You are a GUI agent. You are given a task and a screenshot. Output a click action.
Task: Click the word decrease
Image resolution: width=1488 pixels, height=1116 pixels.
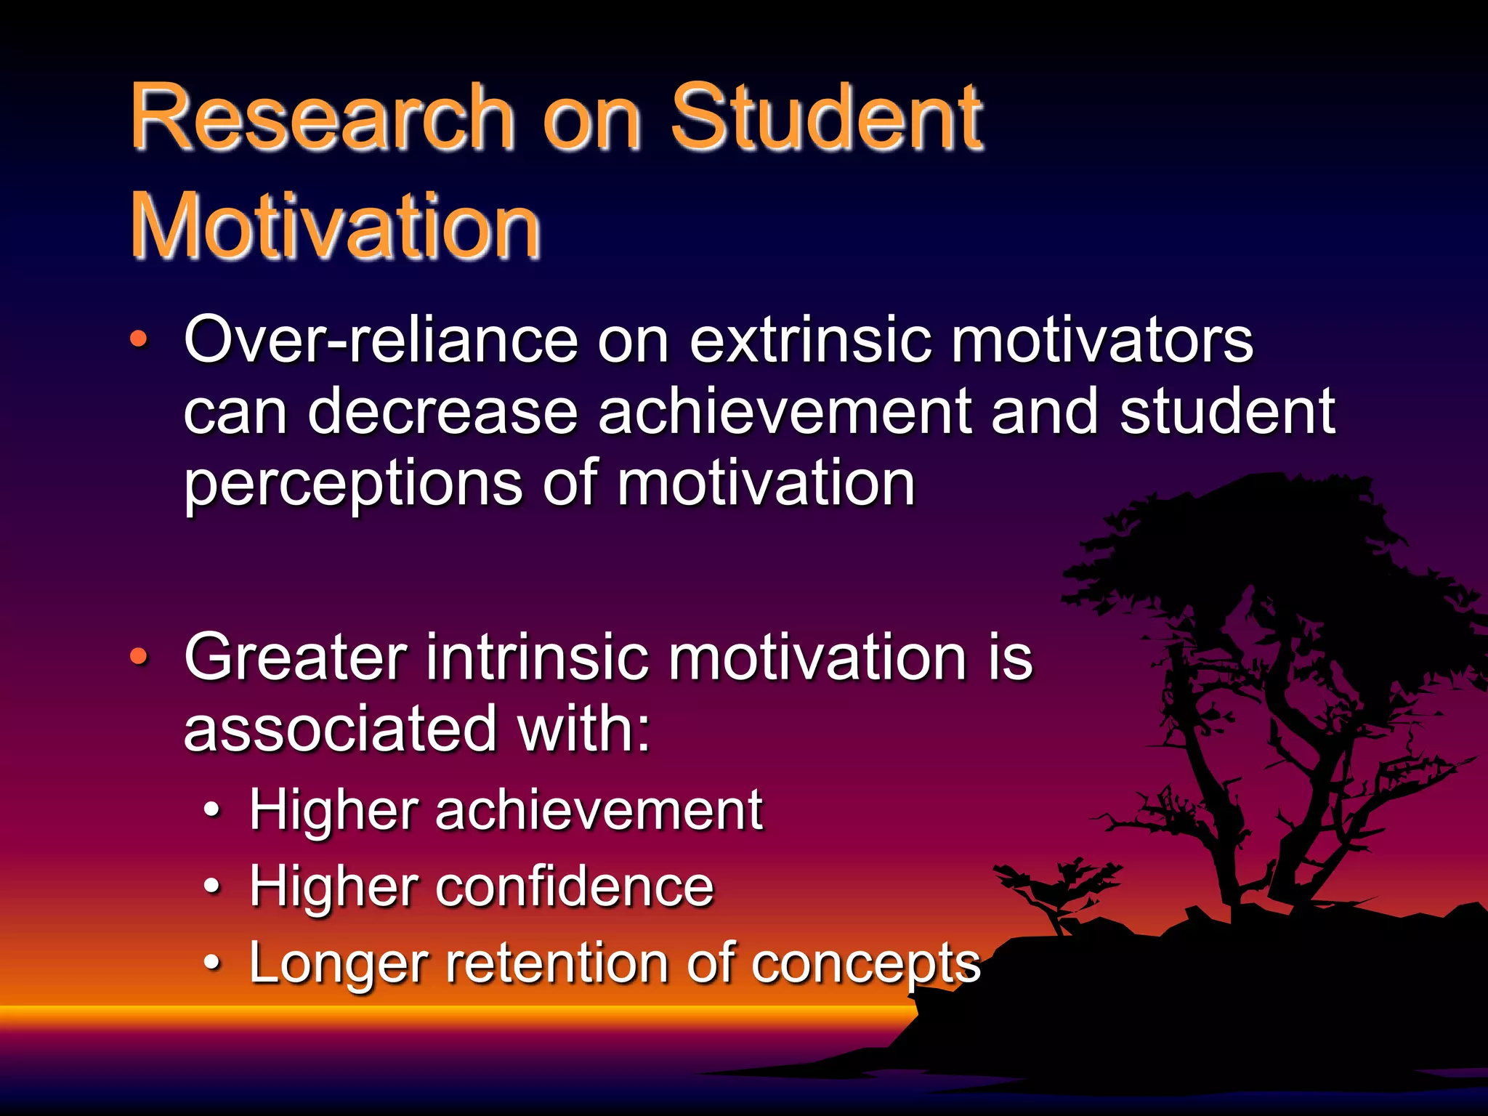tap(442, 412)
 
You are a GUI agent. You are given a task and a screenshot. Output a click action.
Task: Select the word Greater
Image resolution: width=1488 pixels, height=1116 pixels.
tap(295, 658)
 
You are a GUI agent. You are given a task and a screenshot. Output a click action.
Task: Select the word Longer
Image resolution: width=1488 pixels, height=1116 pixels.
tap(337, 964)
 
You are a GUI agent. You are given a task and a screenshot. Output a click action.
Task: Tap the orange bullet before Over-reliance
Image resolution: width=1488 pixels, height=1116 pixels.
tap(138, 339)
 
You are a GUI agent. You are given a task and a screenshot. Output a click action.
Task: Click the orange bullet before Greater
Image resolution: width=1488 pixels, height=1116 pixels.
tap(138, 657)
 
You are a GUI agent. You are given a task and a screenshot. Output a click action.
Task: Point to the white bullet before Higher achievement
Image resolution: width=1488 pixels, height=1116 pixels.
tap(211, 809)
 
